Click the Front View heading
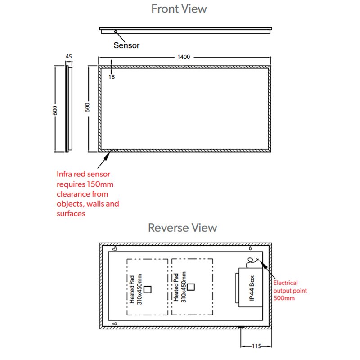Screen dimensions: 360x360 [x=179, y=9]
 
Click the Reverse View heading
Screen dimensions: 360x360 [x=182, y=227]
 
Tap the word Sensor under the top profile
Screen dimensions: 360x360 [x=126, y=45]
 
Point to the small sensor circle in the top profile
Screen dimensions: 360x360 [x=116, y=31]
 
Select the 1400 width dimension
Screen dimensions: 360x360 [x=184, y=57]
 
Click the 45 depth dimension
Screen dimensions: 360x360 [x=69, y=57]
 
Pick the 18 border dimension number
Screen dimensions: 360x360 [x=112, y=77]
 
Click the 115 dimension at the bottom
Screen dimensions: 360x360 [x=256, y=346]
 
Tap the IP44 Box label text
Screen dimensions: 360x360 [x=252, y=288]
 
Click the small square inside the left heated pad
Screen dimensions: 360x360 [x=148, y=289]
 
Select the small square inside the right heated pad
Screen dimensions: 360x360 [x=192, y=286]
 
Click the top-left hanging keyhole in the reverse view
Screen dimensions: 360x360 [x=115, y=248]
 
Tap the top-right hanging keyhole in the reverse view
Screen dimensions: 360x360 [x=250, y=248]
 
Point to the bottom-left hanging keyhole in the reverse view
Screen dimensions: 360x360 [x=115, y=324]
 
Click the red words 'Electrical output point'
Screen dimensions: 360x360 [x=290, y=287]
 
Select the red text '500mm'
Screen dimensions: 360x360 [x=284, y=298]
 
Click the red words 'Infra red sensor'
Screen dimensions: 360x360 [x=83, y=174]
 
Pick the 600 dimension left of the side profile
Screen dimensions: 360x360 [x=55, y=110]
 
